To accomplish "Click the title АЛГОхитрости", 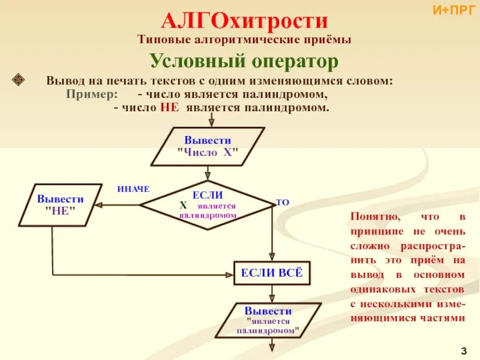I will pyautogui.click(x=244, y=22).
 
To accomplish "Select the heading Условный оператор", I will pyautogui.click(x=244, y=61).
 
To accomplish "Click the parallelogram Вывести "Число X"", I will pyautogui.click(x=208, y=146).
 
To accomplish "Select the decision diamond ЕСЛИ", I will pyautogui.click(x=207, y=205).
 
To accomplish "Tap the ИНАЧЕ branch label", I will pyautogui.click(x=133, y=189).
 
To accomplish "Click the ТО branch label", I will pyautogui.click(x=282, y=203).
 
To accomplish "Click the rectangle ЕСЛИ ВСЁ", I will pyautogui.click(x=272, y=274).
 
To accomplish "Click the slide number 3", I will pyautogui.click(x=464, y=350).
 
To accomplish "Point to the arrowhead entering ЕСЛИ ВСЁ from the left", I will pyautogui.click(x=230, y=275).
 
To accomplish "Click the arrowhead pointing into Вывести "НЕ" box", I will pyautogui.click(x=100, y=205).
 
